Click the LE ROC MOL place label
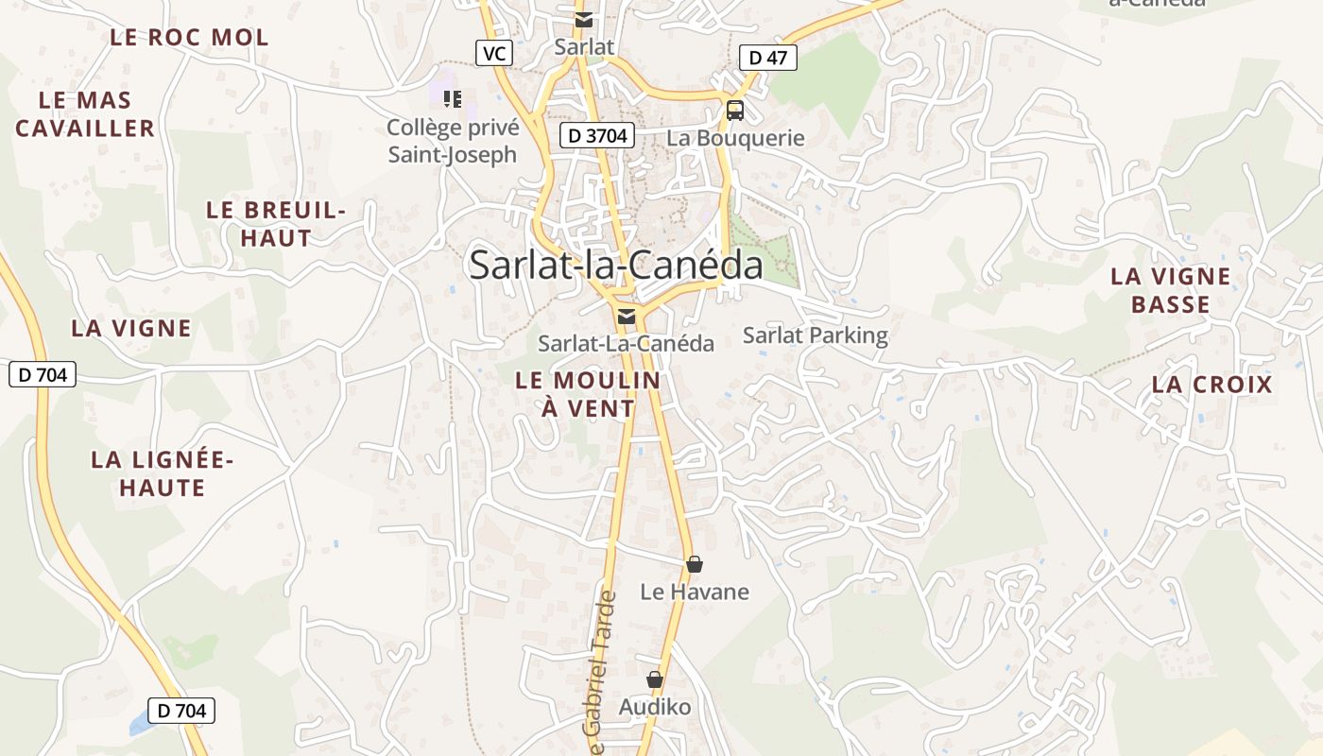tap(189, 38)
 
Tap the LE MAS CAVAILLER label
tap(85, 114)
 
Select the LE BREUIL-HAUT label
tap(276, 224)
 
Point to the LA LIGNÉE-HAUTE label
tap(162, 474)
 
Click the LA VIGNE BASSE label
tap(1171, 290)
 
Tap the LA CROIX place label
tap(1212, 385)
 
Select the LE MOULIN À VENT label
tap(588, 394)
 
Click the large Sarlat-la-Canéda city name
tap(616, 266)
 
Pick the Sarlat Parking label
tap(816, 335)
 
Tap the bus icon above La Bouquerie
tap(735, 111)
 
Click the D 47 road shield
tap(767, 58)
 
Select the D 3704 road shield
tap(596, 136)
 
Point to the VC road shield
tap(493, 54)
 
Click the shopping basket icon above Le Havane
tap(695, 564)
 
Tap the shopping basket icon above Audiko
tap(654, 679)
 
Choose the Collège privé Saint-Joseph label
tap(453, 141)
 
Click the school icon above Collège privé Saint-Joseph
tap(453, 98)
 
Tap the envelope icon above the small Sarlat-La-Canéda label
tap(626, 317)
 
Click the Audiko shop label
tap(655, 707)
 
